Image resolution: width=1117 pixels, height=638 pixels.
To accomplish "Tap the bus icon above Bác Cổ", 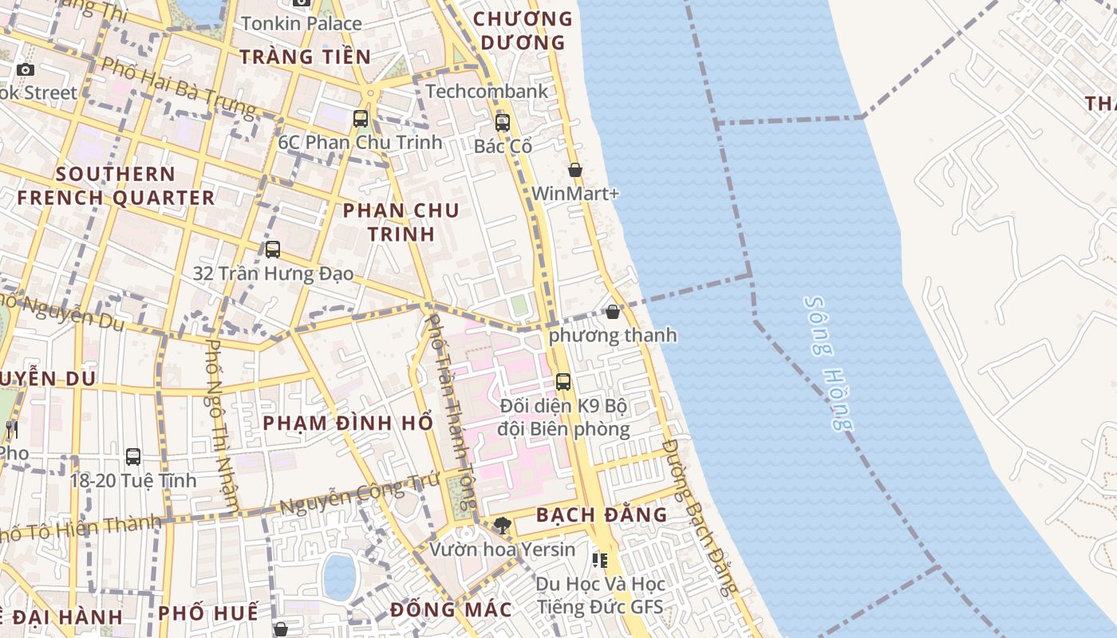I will pyautogui.click(x=502, y=123).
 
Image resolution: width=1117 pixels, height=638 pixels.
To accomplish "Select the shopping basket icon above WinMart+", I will pyautogui.click(x=574, y=170).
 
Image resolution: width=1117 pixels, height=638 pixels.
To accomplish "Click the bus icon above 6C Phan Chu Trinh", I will pyautogui.click(x=361, y=119).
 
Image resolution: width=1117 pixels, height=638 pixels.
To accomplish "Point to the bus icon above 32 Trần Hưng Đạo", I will pyautogui.click(x=273, y=250).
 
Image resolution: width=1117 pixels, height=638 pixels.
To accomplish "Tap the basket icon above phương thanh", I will pyautogui.click(x=613, y=312).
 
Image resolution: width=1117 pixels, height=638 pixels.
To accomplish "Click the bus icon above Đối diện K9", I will pyautogui.click(x=563, y=382).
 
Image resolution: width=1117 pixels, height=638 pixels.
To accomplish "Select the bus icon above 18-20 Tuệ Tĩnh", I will pyautogui.click(x=133, y=457).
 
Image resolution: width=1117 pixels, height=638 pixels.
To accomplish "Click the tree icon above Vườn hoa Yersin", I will pyautogui.click(x=502, y=525).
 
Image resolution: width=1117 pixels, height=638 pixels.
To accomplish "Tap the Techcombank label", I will pyautogui.click(x=487, y=91).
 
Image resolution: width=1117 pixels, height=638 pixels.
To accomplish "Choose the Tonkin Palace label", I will pyautogui.click(x=301, y=23).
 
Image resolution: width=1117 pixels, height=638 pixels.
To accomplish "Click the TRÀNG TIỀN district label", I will pyautogui.click(x=305, y=57).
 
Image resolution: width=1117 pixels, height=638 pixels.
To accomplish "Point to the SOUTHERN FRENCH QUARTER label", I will pyautogui.click(x=116, y=186).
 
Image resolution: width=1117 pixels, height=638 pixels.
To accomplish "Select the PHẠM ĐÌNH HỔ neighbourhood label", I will pyautogui.click(x=348, y=423).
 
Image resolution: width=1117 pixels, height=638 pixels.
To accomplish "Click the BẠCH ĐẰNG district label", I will pyautogui.click(x=602, y=514).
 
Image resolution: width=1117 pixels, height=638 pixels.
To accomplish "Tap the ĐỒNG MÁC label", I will pyautogui.click(x=451, y=610).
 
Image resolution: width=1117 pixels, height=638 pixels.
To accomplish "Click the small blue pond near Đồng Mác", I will pyautogui.click(x=339, y=576).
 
